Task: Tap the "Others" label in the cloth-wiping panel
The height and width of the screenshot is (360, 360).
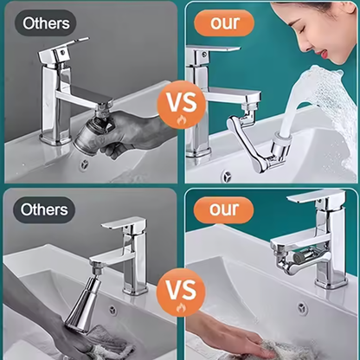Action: [44, 210]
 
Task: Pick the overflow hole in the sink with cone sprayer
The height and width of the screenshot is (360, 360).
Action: [112, 310]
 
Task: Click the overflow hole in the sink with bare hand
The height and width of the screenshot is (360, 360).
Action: [300, 307]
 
